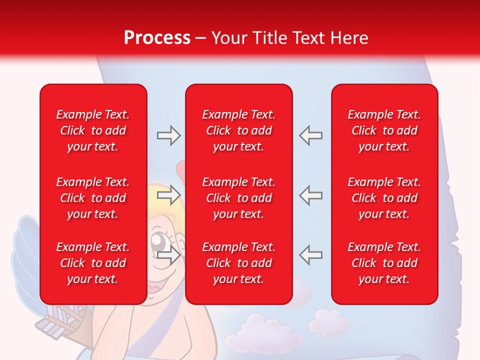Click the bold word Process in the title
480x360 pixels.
(x=157, y=38)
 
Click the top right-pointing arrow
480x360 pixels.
(x=168, y=135)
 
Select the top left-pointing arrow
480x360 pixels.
(x=310, y=135)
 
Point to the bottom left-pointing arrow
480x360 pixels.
(x=310, y=254)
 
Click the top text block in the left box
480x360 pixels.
(x=93, y=130)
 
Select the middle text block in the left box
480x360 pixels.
(x=93, y=198)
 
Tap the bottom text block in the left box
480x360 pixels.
(x=93, y=263)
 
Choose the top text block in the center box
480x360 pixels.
(x=238, y=130)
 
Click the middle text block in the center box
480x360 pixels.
(x=238, y=198)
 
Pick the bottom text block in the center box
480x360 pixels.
(x=238, y=263)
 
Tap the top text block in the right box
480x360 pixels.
(x=384, y=130)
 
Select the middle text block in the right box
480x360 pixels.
(x=384, y=198)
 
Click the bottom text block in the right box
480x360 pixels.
(x=384, y=263)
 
